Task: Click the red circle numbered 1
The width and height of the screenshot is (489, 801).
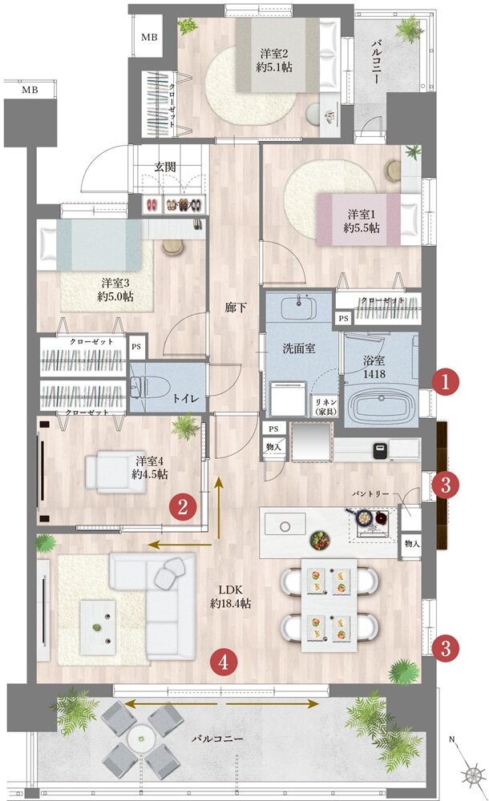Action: point(445,381)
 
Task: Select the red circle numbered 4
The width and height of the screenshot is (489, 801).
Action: point(223,662)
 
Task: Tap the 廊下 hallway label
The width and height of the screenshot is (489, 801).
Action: point(236,308)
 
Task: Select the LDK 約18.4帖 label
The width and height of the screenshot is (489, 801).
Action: point(230,596)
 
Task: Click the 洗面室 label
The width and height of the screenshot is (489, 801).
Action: point(299,349)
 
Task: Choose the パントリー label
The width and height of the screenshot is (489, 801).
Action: point(371,494)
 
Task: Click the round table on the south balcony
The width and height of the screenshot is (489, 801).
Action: point(141,738)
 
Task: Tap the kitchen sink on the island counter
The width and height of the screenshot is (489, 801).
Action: point(285,525)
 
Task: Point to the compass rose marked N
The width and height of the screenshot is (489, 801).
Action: point(471,772)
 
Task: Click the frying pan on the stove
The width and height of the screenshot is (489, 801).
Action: point(362,517)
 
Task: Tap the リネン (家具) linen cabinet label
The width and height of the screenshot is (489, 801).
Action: point(325,406)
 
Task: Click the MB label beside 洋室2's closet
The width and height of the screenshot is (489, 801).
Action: point(149,38)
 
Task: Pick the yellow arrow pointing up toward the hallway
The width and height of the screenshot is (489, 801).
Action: point(219,508)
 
